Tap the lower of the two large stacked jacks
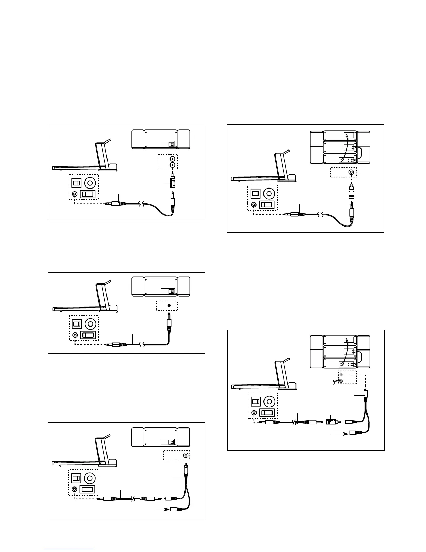click(172, 164)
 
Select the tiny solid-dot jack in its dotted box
click(169, 306)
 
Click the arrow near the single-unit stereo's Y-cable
click(161, 509)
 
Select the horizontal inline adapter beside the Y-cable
click(331, 422)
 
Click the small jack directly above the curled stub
click(341, 375)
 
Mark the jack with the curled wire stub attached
click(341, 381)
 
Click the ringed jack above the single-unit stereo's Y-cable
click(186, 455)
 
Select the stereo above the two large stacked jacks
click(161, 139)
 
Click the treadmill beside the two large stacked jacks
click(85, 159)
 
